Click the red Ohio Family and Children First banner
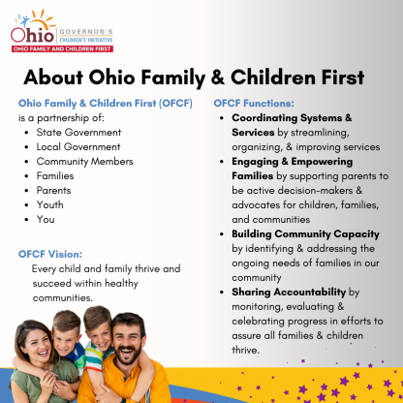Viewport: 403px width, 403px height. (x=62, y=49)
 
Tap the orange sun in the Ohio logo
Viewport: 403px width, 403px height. (x=41, y=22)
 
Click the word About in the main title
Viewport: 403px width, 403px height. (x=53, y=77)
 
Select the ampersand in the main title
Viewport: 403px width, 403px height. (x=218, y=77)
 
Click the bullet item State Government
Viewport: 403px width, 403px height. (x=78, y=133)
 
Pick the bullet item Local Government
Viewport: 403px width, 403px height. (x=78, y=147)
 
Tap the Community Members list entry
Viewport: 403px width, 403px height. (x=84, y=162)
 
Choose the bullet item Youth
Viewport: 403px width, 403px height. (x=49, y=205)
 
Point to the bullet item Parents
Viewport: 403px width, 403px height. (x=53, y=191)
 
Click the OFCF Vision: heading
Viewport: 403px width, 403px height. (x=50, y=254)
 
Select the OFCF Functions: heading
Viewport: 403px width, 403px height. (x=254, y=104)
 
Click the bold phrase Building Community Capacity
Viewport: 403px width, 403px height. (x=305, y=234)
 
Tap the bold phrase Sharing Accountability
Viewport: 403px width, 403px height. (x=289, y=293)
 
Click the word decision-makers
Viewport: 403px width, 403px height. (x=315, y=191)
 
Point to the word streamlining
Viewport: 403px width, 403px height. (x=320, y=133)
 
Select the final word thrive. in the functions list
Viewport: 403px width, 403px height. (x=245, y=350)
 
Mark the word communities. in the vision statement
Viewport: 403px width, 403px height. (x=63, y=297)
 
